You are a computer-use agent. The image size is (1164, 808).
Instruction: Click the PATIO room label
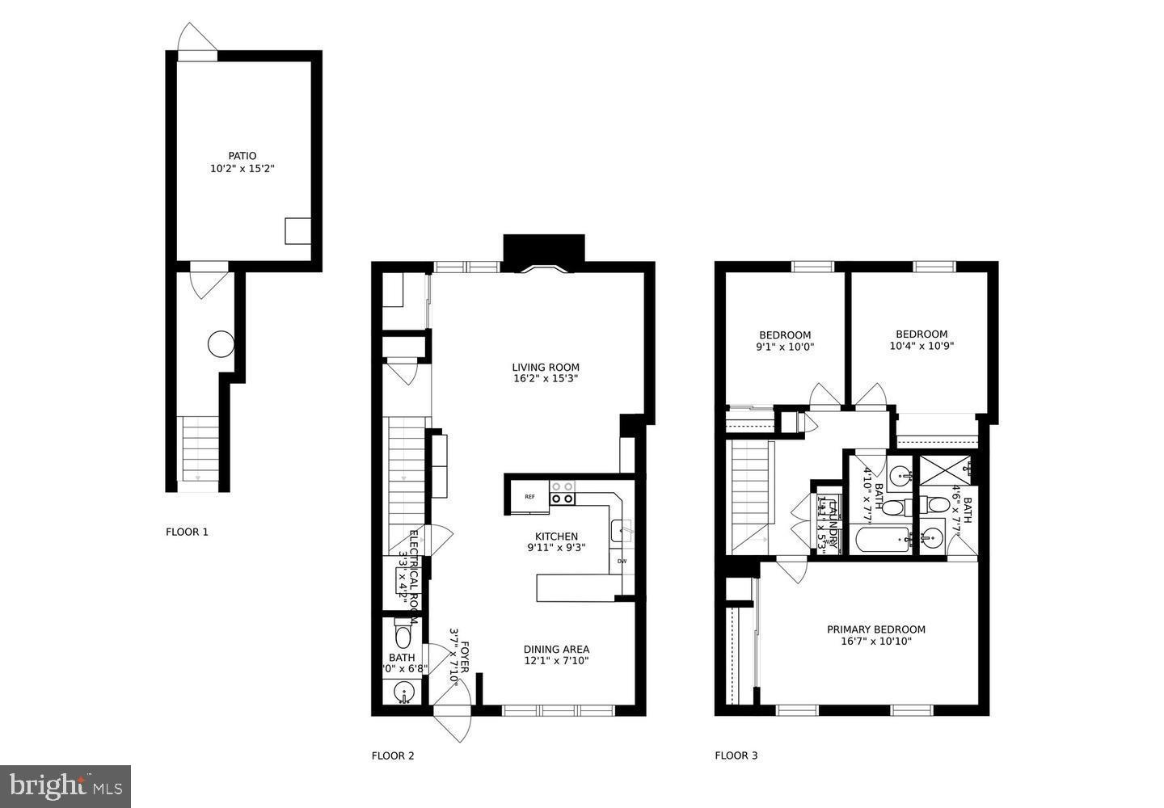click(x=242, y=156)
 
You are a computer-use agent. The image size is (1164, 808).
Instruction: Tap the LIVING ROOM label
click(x=546, y=367)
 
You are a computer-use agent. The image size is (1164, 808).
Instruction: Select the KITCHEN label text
click(x=556, y=537)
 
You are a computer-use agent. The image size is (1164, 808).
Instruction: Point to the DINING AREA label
click(x=556, y=649)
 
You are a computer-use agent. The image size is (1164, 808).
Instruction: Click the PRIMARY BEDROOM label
click(x=875, y=629)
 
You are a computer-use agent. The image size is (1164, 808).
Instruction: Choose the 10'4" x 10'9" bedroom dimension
click(x=921, y=346)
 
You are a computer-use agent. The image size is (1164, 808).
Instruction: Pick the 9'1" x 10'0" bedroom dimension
click(x=784, y=347)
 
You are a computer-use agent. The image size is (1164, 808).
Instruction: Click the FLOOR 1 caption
click(x=187, y=532)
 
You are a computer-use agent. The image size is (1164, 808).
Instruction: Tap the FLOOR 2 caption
click(x=393, y=756)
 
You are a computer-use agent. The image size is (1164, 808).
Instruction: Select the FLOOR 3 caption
click(x=736, y=756)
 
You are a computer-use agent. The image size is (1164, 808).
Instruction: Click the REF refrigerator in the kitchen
click(x=529, y=497)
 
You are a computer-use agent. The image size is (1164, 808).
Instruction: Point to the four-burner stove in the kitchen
click(x=563, y=492)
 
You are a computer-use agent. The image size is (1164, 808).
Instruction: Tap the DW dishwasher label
click(x=622, y=561)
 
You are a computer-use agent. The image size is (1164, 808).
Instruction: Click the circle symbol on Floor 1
click(x=221, y=344)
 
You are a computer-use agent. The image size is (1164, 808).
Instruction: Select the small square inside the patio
click(x=297, y=231)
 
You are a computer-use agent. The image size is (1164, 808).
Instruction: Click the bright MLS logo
click(x=65, y=785)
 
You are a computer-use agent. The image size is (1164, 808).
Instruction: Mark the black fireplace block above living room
click(x=543, y=248)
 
